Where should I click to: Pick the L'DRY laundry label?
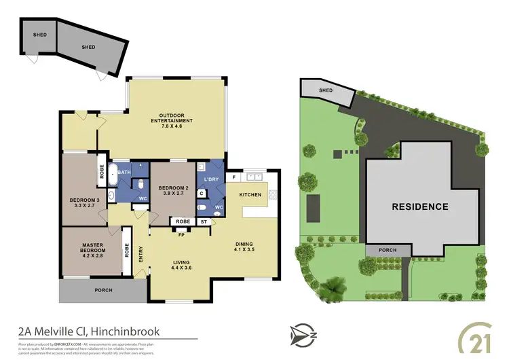[x=208, y=179]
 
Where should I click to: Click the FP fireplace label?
[x=181, y=235]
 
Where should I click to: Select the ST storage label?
[x=204, y=222]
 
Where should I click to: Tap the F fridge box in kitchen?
[x=234, y=177]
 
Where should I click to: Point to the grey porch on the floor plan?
[x=102, y=291]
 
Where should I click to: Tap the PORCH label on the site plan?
[x=388, y=250]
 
